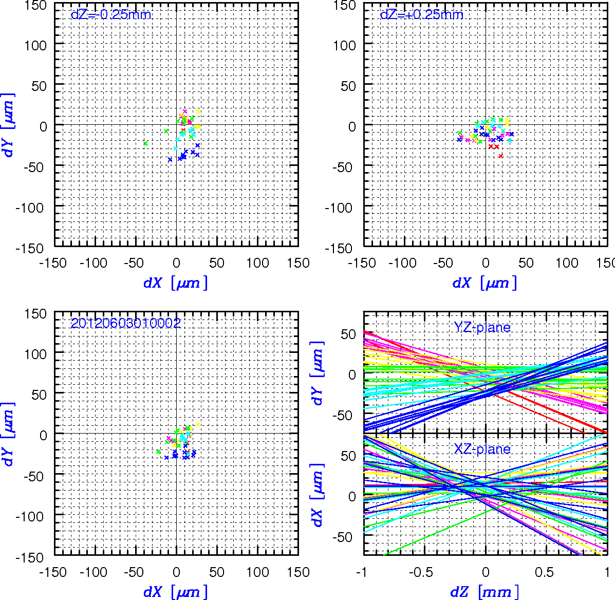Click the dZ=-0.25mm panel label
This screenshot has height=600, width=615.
[x=111, y=14]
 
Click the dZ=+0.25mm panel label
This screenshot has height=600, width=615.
[x=422, y=14]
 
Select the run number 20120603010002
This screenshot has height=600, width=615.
[x=125, y=323]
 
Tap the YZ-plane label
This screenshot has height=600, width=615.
[x=482, y=327]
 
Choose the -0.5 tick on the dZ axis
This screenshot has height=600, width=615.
[x=421, y=572]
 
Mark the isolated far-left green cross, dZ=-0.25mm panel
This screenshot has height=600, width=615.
[x=145, y=143]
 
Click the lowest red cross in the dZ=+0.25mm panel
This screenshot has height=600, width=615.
[x=501, y=156]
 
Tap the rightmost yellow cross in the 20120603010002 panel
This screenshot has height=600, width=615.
[x=198, y=425]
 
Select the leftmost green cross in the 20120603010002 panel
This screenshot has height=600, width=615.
[x=158, y=452]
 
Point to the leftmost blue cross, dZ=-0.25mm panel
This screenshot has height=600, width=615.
[x=170, y=160]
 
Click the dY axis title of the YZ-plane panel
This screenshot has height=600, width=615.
[x=318, y=372]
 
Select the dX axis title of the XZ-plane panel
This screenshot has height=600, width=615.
[x=318, y=495]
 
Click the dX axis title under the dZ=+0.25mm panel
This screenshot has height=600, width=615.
[x=485, y=283]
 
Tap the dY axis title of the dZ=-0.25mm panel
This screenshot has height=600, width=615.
[x=8, y=125]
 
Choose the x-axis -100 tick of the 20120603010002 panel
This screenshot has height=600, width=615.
[x=93, y=572]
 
